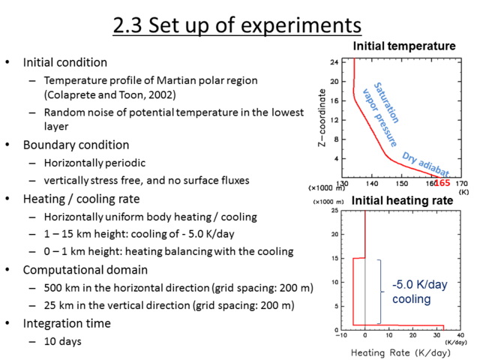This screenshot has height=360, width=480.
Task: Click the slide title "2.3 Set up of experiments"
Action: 237,25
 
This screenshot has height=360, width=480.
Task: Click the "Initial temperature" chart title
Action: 404,46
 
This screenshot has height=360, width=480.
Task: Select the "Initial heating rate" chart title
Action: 402,200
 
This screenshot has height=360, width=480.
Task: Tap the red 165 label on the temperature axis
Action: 442,183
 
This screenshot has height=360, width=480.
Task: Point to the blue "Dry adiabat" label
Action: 425,164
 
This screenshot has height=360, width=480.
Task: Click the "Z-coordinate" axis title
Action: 322,118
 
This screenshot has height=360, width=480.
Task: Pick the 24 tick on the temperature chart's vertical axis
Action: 334,62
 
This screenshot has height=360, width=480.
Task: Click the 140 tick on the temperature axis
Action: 372,184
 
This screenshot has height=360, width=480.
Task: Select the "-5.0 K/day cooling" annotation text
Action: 420,292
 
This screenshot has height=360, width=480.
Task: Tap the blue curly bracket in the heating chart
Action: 380,292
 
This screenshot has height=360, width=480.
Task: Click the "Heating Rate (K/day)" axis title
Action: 400,352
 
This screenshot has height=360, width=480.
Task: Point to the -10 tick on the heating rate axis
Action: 341,335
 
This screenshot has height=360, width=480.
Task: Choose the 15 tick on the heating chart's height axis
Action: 334,258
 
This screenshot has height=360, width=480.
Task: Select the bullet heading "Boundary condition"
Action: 76,145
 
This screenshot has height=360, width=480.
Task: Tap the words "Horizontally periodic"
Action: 94,163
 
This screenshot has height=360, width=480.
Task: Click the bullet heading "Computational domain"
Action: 85,270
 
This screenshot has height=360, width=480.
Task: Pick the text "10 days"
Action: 63,341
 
